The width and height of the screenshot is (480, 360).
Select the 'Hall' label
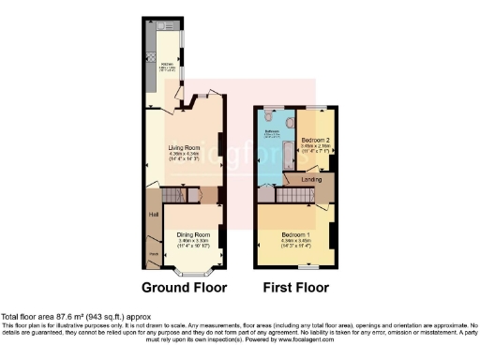(x=152, y=215)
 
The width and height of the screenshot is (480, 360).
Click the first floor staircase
(x=292, y=194)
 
